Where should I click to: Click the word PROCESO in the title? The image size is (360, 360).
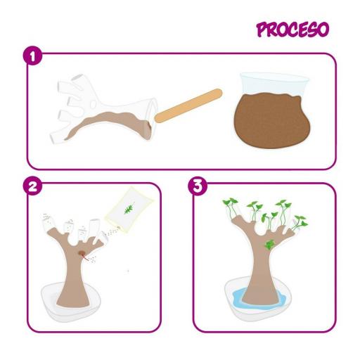(x=292, y=30)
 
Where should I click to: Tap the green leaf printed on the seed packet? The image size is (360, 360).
(x=127, y=209)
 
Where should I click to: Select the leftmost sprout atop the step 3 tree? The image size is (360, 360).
(x=229, y=204)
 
